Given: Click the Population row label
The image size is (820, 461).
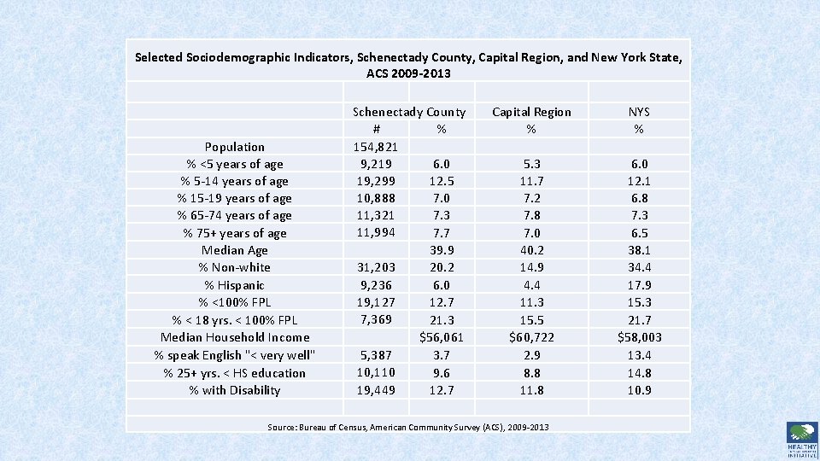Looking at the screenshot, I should coord(234,147).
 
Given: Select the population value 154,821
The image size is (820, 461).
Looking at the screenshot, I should coord(376,147).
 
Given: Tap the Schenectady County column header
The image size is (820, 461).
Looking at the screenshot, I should coord(409,112).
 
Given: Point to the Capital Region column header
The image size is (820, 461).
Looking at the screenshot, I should coord(531,112).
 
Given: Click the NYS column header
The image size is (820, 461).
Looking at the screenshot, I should coord(638,112).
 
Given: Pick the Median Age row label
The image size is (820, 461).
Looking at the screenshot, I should coord(234,250).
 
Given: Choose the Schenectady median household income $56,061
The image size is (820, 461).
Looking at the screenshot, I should coord(441,337).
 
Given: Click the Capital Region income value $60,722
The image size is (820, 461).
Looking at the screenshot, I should coord(531,337).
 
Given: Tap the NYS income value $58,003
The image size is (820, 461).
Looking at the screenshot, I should coord(638,337).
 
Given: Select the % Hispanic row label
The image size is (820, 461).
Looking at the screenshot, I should coord(234,285).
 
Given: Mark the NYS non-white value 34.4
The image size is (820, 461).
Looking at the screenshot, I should coord(638,267).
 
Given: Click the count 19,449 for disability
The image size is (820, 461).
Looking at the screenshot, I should coord(376,390).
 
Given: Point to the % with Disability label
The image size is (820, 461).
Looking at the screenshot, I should coord(234,390).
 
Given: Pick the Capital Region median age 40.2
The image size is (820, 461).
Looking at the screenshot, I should coord(531,250).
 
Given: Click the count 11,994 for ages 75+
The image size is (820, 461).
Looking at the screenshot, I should coord(376,233).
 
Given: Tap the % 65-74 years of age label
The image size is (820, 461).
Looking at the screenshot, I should coord(234,215).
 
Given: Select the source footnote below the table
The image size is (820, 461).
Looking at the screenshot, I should coord(408,427).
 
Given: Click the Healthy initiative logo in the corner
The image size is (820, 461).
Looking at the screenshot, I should coord(801,440).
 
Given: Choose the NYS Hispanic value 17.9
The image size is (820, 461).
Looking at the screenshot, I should coord(638,285).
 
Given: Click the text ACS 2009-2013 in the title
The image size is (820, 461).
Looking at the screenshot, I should coord(408,74).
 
